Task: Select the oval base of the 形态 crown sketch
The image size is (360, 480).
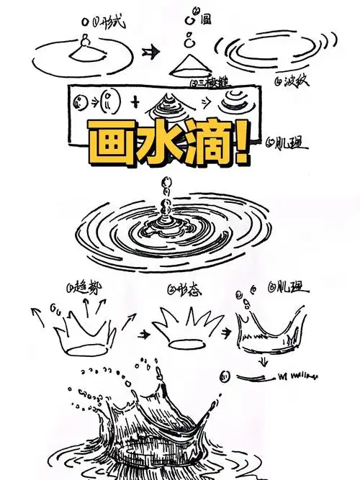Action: (191, 345)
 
